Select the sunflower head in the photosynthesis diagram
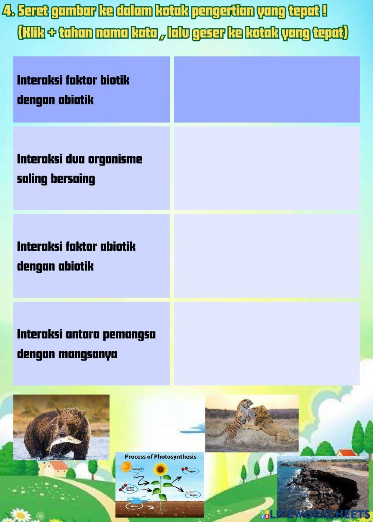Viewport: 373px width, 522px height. [161, 469]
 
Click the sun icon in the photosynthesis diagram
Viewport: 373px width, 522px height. [126, 466]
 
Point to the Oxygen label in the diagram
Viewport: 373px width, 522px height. [191, 472]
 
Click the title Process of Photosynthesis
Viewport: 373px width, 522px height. [160, 457]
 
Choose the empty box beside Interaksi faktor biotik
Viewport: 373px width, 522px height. [267, 89]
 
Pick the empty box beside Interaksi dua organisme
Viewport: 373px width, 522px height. [267, 168]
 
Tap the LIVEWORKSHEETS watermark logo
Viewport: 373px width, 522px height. [315, 515]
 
